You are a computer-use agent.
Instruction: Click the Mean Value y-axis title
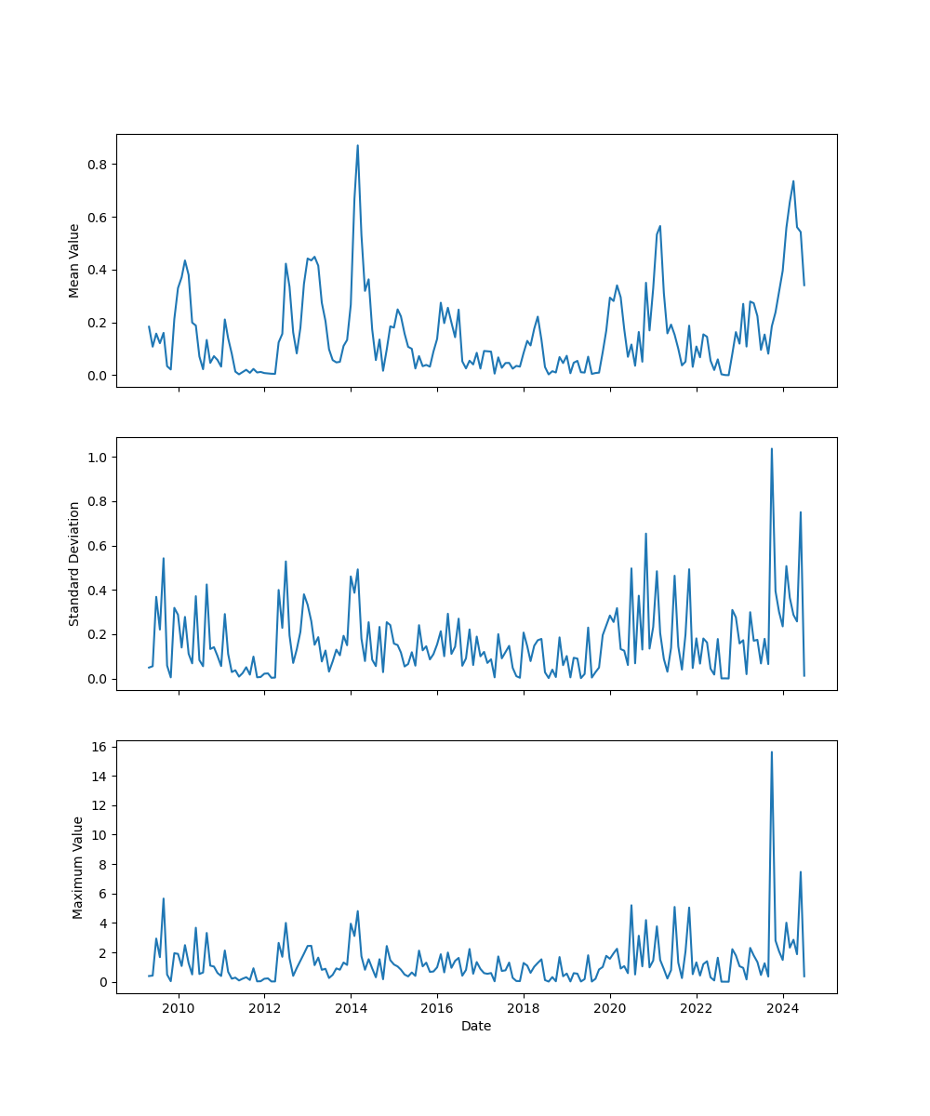point(73,260)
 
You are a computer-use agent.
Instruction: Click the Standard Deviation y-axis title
point(73,564)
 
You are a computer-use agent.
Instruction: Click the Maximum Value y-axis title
point(78,867)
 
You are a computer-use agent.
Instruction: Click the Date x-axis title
point(476,1027)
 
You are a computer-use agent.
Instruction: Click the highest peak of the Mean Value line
point(357,145)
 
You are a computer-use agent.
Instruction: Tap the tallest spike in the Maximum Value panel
point(772,751)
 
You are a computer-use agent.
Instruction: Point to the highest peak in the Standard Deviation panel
point(772,448)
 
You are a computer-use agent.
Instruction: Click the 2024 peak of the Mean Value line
point(793,181)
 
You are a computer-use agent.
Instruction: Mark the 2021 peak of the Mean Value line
point(660,225)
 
